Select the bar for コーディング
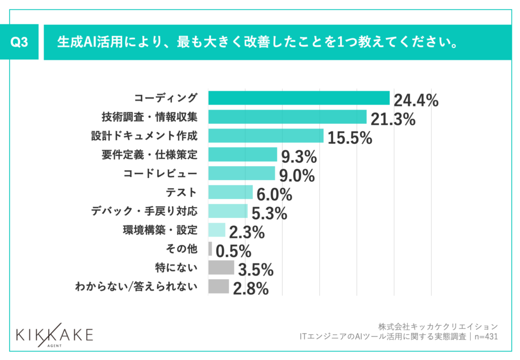tap(299, 98)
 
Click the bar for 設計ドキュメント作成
tap(266, 136)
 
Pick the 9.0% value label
tap(297, 176)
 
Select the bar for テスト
tap(230, 192)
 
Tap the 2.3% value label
tap(247, 233)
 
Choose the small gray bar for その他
tap(210, 248)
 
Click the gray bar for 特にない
tap(221, 267)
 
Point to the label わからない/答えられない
tap(136, 286)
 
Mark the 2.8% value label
tap(250, 289)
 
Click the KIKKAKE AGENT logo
tap(54, 335)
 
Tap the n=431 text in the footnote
tap(485, 336)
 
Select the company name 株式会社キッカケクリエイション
tap(438, 326)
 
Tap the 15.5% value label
tap(350, 138)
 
